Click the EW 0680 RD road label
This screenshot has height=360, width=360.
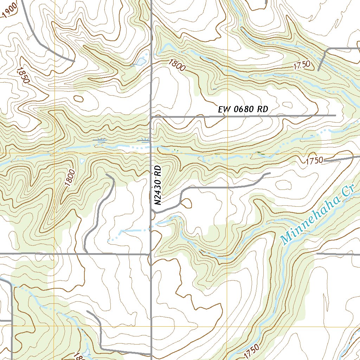243,109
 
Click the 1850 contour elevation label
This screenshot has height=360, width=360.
22,75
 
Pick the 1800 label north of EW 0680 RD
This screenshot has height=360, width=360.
176,65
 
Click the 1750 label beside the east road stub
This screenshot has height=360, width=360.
314,161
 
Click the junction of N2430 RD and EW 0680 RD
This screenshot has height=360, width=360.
151,116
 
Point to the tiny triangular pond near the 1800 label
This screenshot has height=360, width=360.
82,161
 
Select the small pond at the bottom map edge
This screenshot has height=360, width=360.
86,354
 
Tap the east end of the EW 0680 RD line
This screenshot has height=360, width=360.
335,115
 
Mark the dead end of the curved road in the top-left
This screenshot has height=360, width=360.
74,61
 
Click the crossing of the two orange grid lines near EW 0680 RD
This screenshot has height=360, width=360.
227,154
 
